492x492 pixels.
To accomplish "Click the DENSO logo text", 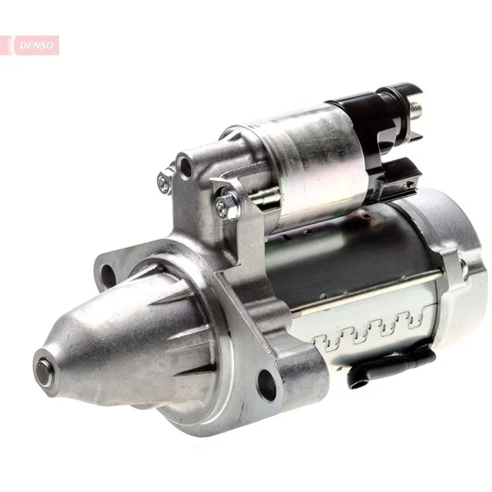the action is (36, 45).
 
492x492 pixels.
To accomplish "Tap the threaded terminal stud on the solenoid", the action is (416, 111).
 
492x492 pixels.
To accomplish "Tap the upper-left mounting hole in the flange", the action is (108, 277).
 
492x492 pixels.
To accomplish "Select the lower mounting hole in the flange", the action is (266, 385).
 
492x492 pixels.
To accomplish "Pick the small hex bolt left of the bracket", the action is (165, 181).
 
